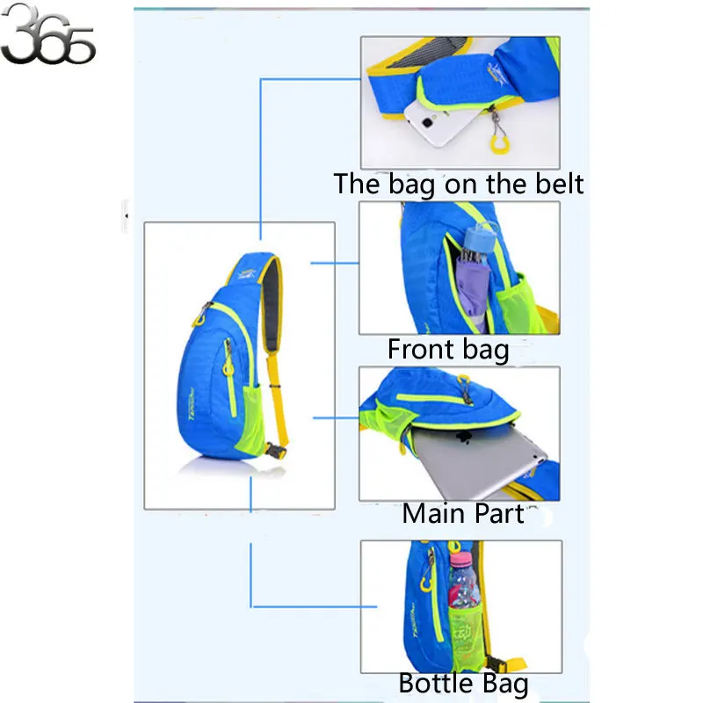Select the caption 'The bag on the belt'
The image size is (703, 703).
[x=458, y=184]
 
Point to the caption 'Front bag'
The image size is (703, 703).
[x=448, y=349]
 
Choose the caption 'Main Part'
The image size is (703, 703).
[x=462, y=513]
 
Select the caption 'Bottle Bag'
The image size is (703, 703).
[x=463, y=683]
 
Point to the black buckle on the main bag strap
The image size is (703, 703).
[x=275, y=452]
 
